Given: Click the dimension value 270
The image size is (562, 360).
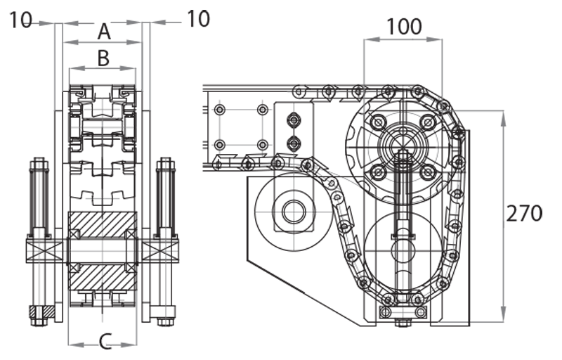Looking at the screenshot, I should click(x=524, y=212).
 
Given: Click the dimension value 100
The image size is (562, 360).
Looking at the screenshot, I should click(x=404, y=26).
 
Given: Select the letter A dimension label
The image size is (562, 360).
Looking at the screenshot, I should click(x=103, y=31).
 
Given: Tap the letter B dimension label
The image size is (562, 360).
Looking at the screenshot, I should click(x=103, y=58).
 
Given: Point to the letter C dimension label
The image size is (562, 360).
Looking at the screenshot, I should click(x=103, y=342).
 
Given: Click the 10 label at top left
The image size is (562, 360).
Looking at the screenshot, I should click(x=22, y=20).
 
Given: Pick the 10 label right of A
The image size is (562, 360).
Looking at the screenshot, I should click(x=197, y=19).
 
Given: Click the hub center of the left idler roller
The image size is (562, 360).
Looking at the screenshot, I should click(x=293, y=210).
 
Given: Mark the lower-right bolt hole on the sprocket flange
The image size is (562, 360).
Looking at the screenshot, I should click(x=426, y=171).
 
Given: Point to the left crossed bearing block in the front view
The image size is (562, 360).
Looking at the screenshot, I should click(x=39, y=250).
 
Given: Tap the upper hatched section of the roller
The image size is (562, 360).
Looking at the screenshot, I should click(x=103, y=224).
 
